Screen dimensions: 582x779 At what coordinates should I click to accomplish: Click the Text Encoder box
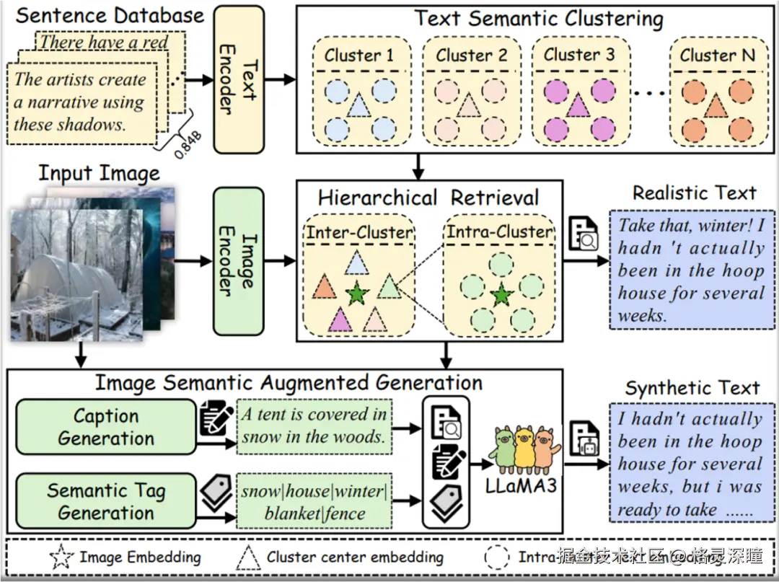tap(239, 79)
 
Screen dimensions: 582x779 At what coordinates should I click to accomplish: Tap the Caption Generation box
tap(106, 427)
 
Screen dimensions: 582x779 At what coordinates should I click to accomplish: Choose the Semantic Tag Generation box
tap(106, 502)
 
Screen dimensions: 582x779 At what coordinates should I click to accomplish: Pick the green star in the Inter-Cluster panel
tap(355, 294)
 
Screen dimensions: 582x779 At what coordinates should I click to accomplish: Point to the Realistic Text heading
tap(695, 193)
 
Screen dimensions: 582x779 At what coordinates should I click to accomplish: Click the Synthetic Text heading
tap(692, 388)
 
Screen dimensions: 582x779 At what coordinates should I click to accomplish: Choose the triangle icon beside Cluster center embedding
tap(249, 557)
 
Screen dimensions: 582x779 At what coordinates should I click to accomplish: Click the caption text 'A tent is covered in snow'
tap(314, 426)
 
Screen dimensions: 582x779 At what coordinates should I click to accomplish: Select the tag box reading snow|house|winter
tap(314, 502)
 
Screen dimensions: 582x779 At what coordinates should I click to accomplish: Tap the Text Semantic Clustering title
tap(538, 18)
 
